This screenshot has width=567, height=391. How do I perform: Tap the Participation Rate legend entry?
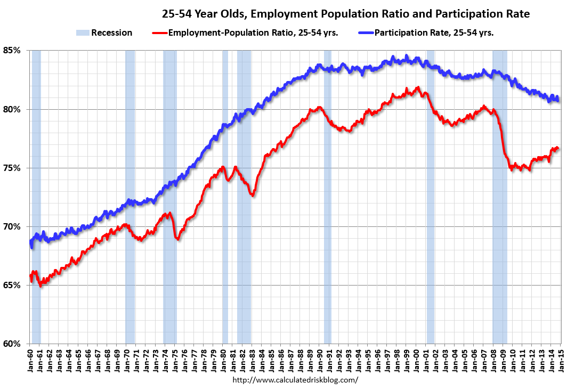434,32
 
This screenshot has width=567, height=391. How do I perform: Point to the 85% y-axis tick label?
13,51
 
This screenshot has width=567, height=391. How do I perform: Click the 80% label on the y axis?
13,109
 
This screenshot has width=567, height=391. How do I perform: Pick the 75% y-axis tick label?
13,168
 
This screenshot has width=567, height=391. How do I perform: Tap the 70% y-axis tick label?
13,226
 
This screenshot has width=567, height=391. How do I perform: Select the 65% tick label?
13,285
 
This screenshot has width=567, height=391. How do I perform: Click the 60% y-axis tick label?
13,344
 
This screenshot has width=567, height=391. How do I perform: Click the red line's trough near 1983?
253,195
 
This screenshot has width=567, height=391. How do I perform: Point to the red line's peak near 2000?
418,88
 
